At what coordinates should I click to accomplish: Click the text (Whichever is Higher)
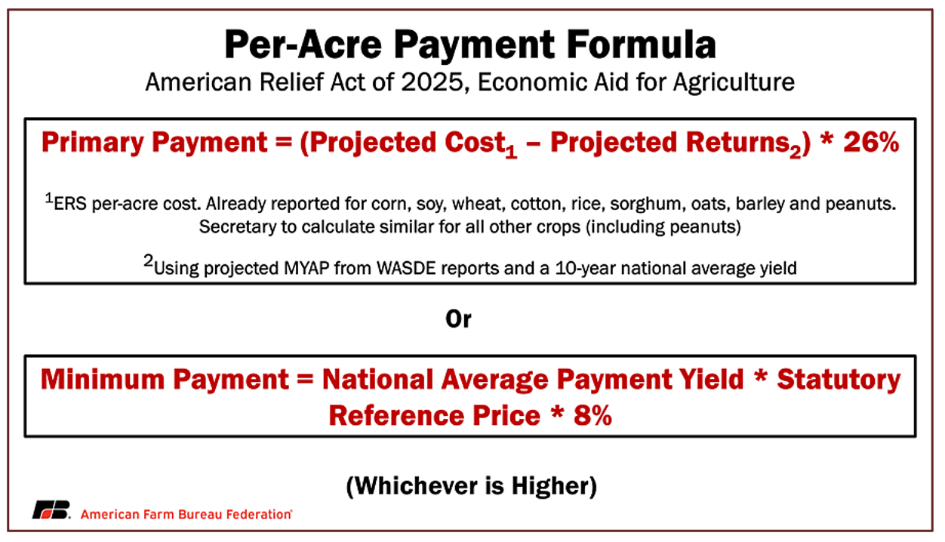pyautogui.click(x=471, y=486)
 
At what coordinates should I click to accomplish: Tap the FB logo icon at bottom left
pyautogui.click(x=50, y=510)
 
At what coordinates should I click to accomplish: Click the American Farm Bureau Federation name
pyautogui.click(x=186, y=514)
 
